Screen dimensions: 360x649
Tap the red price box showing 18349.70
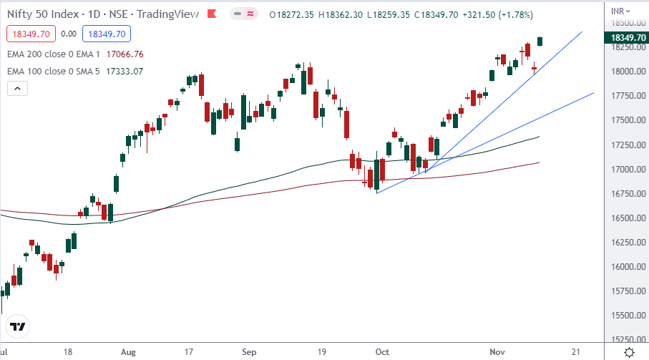click(29, 34)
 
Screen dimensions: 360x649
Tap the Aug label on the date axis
click(129, 352)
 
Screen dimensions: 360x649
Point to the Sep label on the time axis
click(249, 352)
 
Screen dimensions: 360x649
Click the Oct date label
click(383, 352)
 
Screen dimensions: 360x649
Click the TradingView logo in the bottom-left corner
click(19, 326)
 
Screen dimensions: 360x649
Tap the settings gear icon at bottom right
click(629, 352)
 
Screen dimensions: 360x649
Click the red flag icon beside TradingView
click(210, 14)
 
